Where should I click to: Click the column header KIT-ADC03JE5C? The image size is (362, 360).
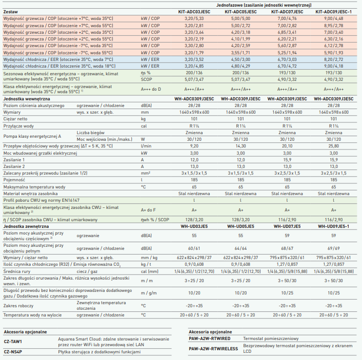click(x=194, y=12)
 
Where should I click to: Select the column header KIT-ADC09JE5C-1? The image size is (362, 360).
click(x=334, y=12)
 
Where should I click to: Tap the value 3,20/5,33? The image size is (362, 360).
click(x=194, y=18)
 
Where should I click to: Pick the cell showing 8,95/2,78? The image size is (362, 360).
click(x=334, y=26)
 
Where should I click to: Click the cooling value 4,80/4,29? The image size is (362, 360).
click(x=240, y=66)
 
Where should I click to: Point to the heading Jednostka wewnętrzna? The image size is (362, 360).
click(x=27, y=99)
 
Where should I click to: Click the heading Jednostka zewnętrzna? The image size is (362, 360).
click(x=26, y=226)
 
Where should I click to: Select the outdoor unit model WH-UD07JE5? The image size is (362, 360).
click(x=287, y=226)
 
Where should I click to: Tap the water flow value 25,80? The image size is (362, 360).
click(x=334, y=146)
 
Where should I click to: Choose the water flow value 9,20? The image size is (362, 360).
click(x=194, y=146)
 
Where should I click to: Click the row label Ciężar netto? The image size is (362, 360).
click(x=15, y=119)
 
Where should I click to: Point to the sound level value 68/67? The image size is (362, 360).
click(x=287, y=248)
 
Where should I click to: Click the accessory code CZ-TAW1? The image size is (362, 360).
click(x=13, y=342)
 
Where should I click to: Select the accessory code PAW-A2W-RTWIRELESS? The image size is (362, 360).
click(x=213, y=349)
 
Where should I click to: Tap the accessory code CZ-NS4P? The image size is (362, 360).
click(x=13, y=352)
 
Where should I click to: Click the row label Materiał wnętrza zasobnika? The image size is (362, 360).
click(x=30, y=194)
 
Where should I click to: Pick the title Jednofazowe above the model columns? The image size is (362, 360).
click(x=229, y=5)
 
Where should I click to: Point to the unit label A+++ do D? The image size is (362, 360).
click(x=151, y=89)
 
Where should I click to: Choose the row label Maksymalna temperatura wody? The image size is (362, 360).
click(x=34, y=187)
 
